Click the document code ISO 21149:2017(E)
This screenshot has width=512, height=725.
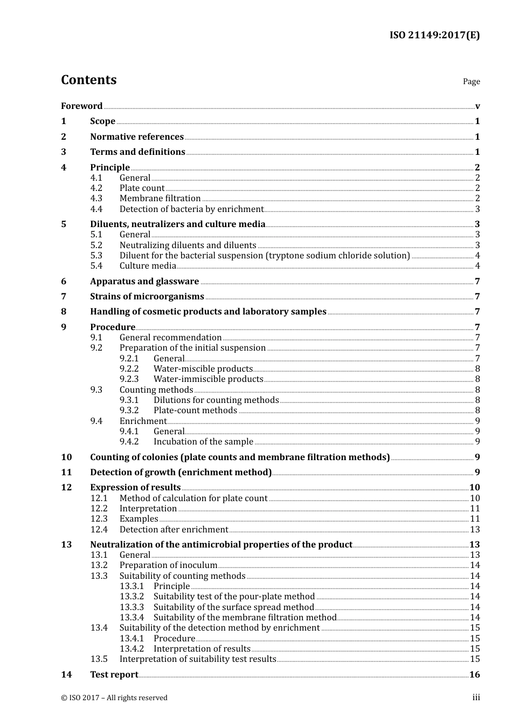click(434, 36)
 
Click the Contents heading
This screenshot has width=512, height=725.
click(89, 80)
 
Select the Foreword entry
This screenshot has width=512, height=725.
click(81, 106)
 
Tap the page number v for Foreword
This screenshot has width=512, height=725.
click(478, 106)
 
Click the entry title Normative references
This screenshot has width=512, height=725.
click(137, 137)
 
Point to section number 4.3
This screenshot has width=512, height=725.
click(96, 199)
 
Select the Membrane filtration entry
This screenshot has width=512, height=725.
click(160, 199)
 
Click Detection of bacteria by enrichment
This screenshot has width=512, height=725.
click(191, 209)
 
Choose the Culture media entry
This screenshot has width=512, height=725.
click(148, 266)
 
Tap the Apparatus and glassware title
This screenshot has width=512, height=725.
click(144, 282)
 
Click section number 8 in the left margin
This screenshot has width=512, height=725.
click(64, 312)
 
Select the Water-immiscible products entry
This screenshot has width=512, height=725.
click(208, 379)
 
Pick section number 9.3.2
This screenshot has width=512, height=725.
click(129, 411)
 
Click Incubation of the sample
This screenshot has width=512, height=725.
click(203, 442)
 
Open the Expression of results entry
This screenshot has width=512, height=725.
click(135, 488)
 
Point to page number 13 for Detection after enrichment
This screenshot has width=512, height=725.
click(475, 530)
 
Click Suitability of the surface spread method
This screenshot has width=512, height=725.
click(233, 607)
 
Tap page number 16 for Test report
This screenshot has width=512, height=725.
click(475, 675)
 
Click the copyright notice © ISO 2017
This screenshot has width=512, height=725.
click(114, 698)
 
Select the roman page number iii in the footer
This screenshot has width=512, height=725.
click(476, 698)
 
